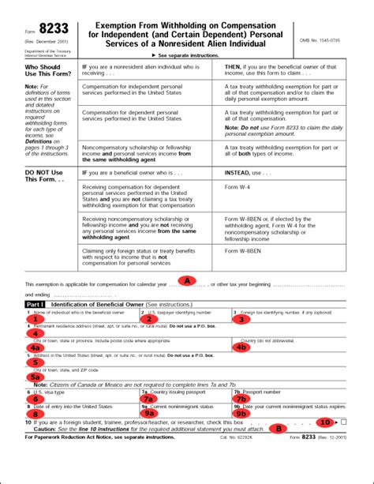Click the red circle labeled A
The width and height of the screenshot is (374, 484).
click(186, 280)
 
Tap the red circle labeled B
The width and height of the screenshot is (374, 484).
click(278, 429)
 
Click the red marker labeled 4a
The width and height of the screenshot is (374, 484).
click(35, 347)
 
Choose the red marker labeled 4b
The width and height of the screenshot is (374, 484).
click(241, 347)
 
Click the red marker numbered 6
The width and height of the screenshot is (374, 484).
click(35, 398)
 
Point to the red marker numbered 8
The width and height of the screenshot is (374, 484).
click(35, 413)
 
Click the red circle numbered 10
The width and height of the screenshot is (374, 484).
click(326, 422)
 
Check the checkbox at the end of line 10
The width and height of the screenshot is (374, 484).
click(342, 423)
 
